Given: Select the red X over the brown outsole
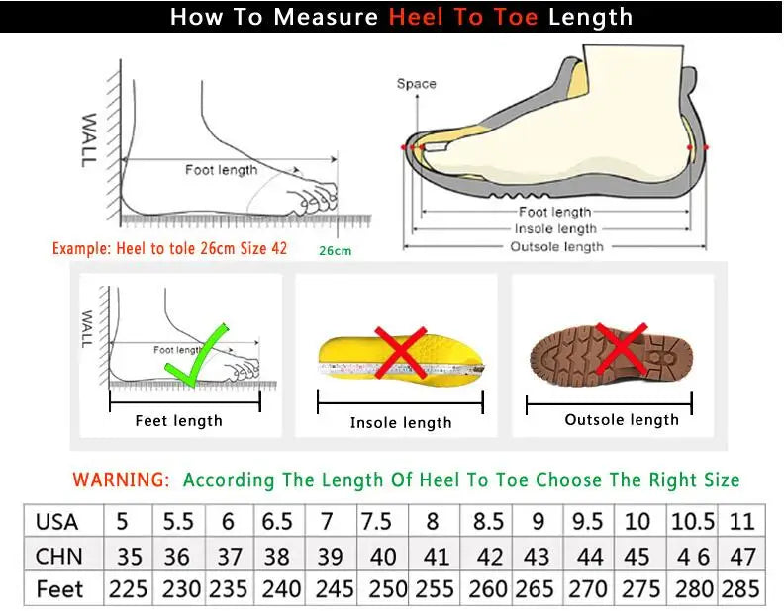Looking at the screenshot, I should click(620, 348).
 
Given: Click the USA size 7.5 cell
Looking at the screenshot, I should click(376, 522).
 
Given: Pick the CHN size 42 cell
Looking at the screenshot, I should click(490, 556).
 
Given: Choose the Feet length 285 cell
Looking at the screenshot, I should click(741, 589).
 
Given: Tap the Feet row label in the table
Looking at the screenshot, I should click(60, 589).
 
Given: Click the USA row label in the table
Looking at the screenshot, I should click(57, 522).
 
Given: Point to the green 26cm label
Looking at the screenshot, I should click(335, 251).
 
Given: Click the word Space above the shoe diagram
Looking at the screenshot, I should click(416, 84).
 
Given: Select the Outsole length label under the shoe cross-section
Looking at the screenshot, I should click(556, 246).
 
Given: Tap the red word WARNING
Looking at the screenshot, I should click(121, 480).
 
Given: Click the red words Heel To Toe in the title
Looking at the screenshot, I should click(464, 17).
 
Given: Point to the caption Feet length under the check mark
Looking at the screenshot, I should click(178, 421).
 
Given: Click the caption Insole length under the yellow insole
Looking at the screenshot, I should click(400, 423).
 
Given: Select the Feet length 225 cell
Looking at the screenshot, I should click(128, 589).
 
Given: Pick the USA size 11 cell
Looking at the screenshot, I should click(741, 522).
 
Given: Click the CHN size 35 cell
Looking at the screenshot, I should click(128, 556).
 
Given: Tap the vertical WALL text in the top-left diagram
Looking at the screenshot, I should click(88, 138).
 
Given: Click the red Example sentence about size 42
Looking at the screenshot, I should click(169, 248).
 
